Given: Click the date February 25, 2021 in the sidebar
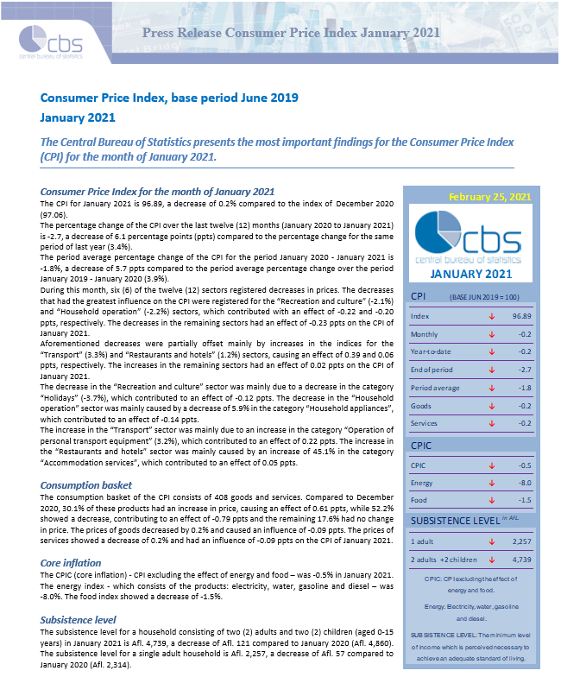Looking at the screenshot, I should coord(489,196).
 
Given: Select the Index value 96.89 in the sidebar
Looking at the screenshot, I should coord(520,316).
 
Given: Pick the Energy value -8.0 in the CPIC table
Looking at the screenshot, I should coord(524,482).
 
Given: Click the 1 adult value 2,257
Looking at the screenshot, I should coord(520,541).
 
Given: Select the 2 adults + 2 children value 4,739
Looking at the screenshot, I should coord(520,559).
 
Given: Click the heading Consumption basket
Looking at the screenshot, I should coord(86,485).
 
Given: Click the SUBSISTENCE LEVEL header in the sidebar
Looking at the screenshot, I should coord(452,521).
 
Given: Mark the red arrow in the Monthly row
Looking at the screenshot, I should coord(491,333).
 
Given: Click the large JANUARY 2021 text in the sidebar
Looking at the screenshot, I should coord(472,274).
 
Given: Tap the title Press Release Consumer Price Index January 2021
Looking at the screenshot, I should coord(291,33).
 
